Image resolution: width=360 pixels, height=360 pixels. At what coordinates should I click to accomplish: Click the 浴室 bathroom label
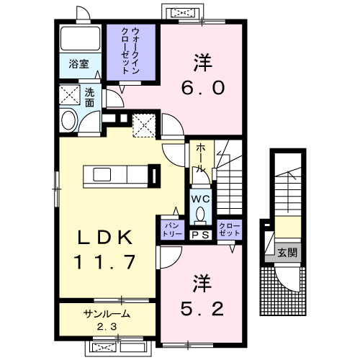(x=78, y=64)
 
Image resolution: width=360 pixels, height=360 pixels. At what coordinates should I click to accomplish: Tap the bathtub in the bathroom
(x=81, y=38)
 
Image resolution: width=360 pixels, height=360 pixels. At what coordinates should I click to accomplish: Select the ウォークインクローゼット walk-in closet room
(x=131, y=53)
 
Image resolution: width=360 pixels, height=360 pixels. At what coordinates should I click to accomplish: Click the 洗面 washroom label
(x=89, y=98)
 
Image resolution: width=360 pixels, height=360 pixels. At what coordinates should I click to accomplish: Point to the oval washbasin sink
(x=69, y=120)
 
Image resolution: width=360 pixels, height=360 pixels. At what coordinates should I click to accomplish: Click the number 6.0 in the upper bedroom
(x=203, y=88)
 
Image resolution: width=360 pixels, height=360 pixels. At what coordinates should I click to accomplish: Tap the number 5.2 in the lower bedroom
(x=202, y=309)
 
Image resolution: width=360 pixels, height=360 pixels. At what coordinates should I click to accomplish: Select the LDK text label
(x=105, y=238)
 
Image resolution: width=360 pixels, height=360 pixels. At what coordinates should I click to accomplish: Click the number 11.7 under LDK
(x=105, y=261)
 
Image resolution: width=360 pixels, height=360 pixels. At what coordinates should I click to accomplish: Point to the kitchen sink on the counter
(x=102, y=174)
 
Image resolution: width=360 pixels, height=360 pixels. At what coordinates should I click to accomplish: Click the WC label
(x=201, y=199)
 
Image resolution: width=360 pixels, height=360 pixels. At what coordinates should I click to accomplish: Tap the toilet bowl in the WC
(x=200, y=215)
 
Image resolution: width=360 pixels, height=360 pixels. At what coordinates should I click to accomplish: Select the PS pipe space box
(x=201, y=235)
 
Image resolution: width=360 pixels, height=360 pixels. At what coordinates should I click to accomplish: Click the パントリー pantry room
(x=172, y=230)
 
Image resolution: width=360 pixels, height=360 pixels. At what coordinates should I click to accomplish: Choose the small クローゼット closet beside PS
(x=229, y=230)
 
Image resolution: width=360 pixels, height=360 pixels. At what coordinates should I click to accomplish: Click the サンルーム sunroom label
(x=107, y=314)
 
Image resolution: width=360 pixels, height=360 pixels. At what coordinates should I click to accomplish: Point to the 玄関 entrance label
(x=287, y=253)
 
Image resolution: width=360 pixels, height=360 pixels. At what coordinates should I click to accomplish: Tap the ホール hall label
(x=201, y=159)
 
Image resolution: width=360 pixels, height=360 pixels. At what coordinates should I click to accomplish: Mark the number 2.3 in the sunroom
(x=107, y=326)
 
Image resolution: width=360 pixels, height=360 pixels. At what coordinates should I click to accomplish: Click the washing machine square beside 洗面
(x=70, y=94)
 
